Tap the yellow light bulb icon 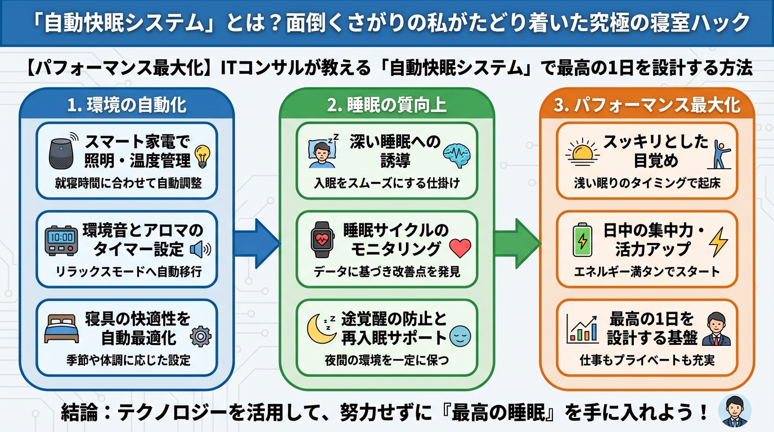coord(202,156)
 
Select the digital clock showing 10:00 coord(62,241)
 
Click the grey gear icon coord(200,337)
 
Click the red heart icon coord(460,248)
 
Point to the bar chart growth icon coord(583,330)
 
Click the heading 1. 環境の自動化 coord(127,105)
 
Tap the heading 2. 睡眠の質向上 coord(386,105)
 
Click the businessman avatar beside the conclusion coord(735,409)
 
